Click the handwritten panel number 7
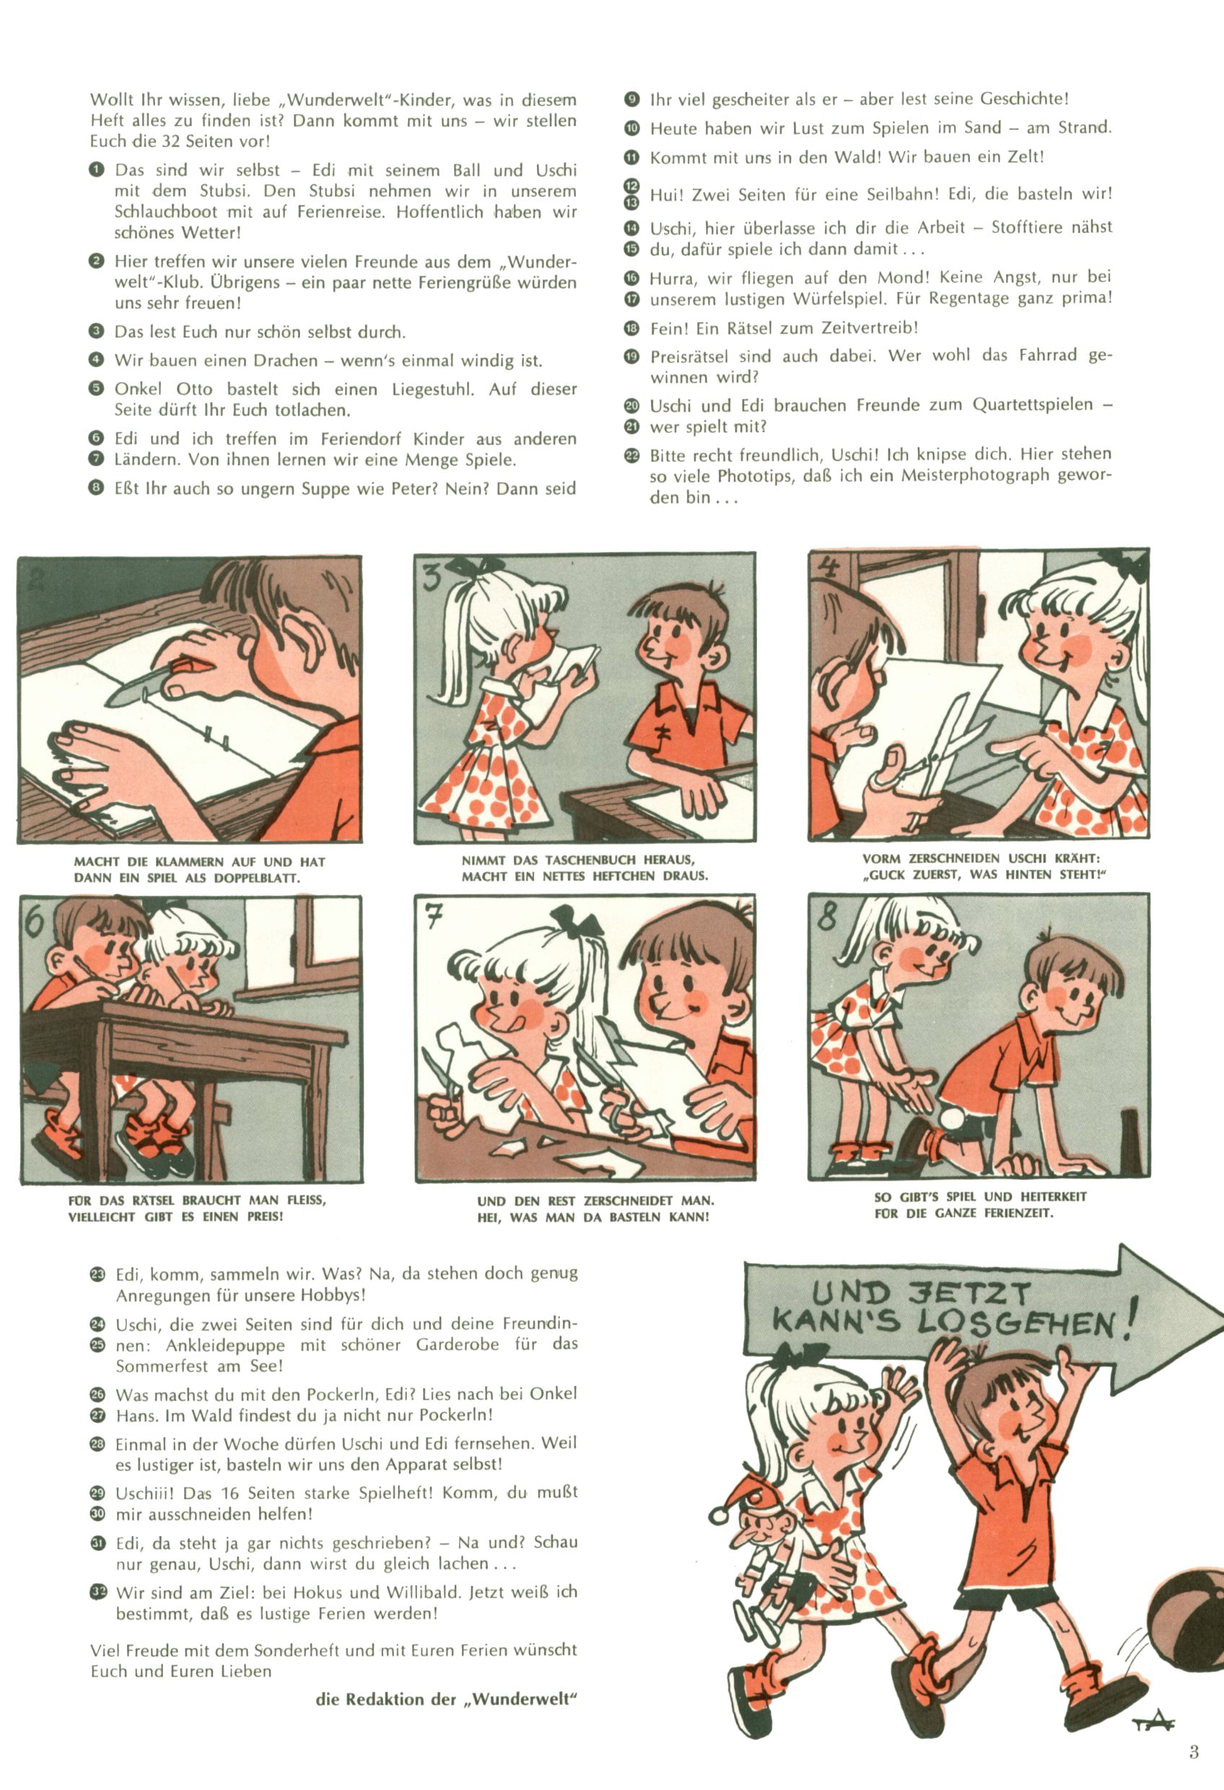435,916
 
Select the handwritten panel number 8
827,914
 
